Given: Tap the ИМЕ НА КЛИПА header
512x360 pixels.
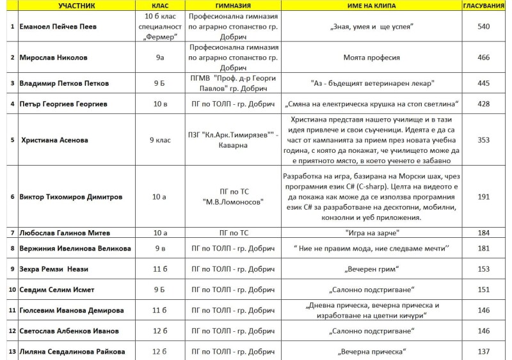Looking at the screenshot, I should pyautogui.click(x=371, y=5).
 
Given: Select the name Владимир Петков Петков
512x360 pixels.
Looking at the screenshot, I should pyautogui.click(x=64, y=83).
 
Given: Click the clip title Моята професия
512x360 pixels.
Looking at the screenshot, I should pyautogui.click(x=371, y=58).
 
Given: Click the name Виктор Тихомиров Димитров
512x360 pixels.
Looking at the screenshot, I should pyautogui.click(x=70, y=196).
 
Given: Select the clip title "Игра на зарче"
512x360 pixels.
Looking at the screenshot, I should pyautogui.click(x=371, y=233).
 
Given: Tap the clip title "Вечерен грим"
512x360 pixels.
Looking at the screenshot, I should pyautogui.click(x=371, y=269).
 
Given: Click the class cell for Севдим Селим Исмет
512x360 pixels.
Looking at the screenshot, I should pyautogui.click(x=159, y=290).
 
